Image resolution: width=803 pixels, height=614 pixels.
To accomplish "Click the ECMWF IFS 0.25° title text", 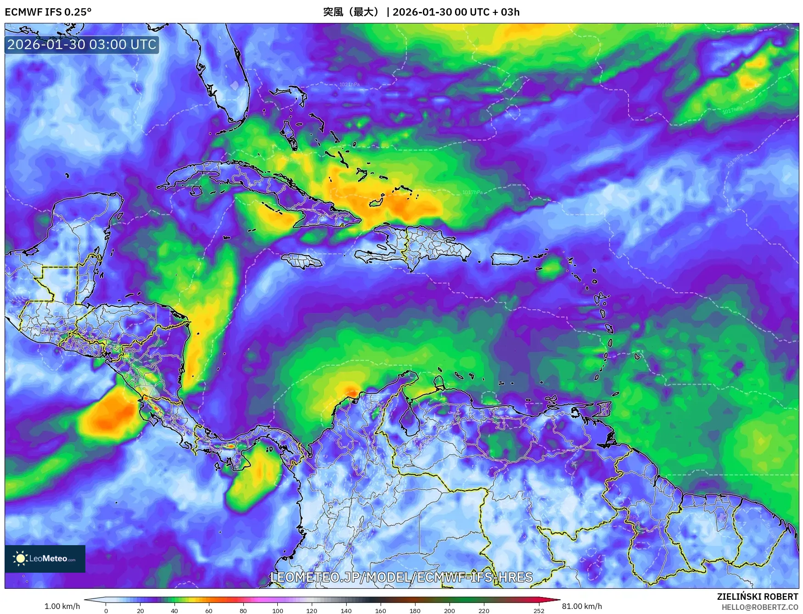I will tap(48, 12).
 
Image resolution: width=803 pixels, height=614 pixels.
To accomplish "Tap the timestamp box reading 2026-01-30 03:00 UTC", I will tap(82, 45).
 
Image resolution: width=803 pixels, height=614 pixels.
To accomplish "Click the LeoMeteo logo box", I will tap(45, 558).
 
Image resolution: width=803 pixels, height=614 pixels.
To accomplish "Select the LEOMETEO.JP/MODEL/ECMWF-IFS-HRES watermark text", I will tap(401, 577).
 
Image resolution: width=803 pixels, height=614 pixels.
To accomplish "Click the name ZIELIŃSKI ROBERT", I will tap(757, 597).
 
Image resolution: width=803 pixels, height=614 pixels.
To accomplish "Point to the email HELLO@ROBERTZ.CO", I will tap(759, 607).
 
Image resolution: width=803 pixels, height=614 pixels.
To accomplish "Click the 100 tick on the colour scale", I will tap(277, 610).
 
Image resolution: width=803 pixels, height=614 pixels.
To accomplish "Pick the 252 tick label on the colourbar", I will tap(539, 610).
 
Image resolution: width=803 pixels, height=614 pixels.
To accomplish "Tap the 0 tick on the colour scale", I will tap(106, 610).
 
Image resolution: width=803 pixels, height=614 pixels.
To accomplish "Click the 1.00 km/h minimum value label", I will tap(62, 606).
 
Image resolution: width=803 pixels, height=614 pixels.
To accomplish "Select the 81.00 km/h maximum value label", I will tap(582, 606).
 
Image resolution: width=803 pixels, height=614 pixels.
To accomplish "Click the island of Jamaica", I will tap(302, 261).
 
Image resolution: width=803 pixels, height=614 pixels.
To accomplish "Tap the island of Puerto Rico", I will tap(507, 259).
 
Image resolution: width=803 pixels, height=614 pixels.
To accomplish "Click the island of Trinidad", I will tap(604, 408).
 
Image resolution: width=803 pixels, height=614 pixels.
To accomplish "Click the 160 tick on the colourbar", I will tap(380, 610).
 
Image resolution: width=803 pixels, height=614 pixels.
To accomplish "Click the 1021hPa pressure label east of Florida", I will tap(349, 84).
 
